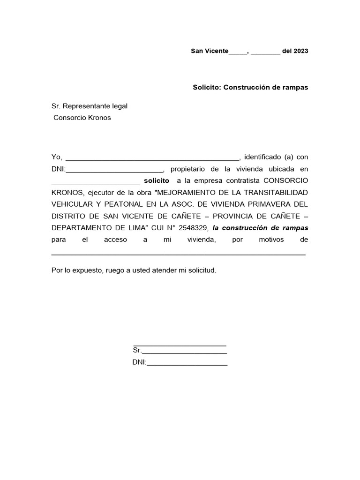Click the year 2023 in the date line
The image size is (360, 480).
[x=301, y=51]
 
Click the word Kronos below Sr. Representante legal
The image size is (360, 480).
[x=100, y=118]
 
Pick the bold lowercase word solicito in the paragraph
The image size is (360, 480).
[x=157, y=180]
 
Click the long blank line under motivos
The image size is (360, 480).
[x=178, y=253]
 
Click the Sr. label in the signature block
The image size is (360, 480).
[x=137, y=350]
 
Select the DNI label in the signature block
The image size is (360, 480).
[x=139, y=362]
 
